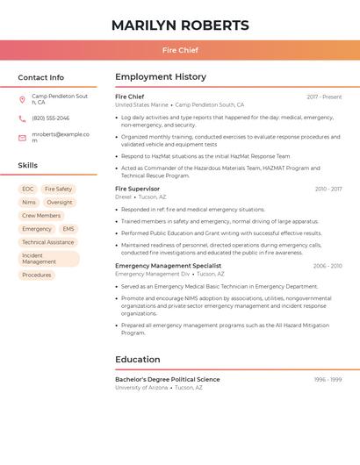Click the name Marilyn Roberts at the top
180,25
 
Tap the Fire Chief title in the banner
180,50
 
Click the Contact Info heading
40,77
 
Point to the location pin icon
22,99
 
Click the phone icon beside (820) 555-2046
22,118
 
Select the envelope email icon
22,138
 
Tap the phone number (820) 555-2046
50,118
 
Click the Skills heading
27,165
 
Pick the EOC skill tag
28,189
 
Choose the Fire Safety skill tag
58,189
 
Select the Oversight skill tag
60,202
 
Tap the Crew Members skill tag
41,215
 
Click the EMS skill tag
68,229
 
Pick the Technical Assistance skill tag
48,242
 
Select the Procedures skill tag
36,275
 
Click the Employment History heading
161,77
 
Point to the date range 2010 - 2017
328,189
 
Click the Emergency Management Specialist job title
168,266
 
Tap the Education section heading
138,360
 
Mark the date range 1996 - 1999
328,380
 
